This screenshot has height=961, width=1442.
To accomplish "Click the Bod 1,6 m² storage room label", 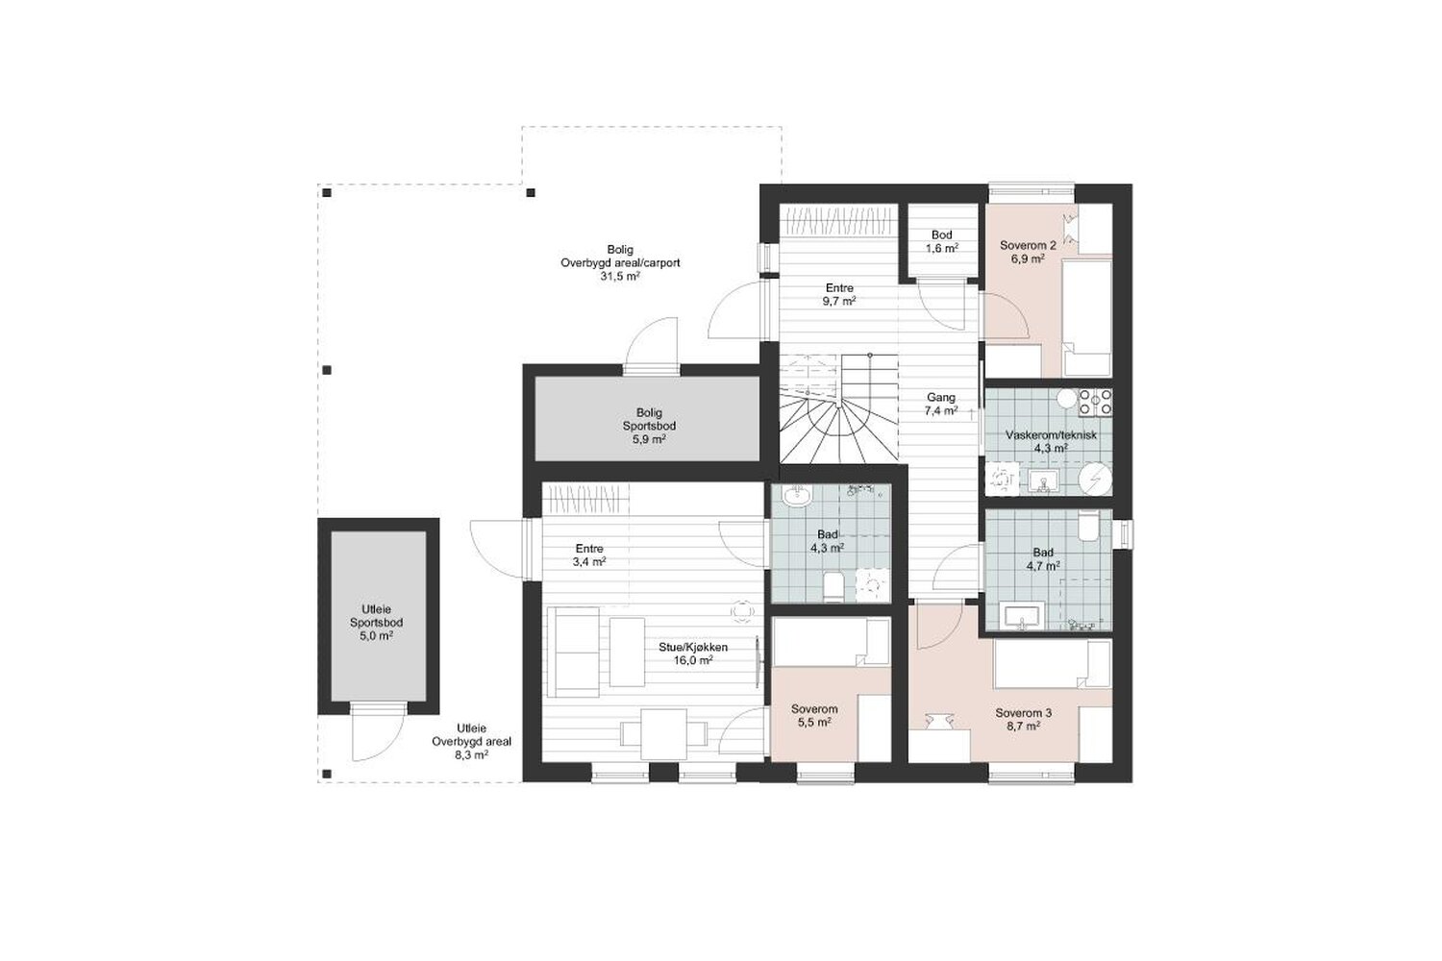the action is tap(942, 241).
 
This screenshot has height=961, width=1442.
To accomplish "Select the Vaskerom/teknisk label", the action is tap(1051, 435).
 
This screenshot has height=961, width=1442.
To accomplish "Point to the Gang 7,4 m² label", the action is tap(940, 405).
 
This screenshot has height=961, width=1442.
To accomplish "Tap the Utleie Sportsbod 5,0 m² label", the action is tap(376, 623).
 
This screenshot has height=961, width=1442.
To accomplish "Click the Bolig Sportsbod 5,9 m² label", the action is tap(649, 426).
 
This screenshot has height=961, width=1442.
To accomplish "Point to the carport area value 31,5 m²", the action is tap(620, 277).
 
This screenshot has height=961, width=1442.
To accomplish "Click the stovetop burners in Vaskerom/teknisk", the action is tap(1095, 402).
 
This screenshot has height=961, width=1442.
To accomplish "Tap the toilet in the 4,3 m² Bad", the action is tap(833, 586).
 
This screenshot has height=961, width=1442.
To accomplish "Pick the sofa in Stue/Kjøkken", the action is tap(574, 652).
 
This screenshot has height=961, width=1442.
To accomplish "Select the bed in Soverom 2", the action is tap(1086, 318).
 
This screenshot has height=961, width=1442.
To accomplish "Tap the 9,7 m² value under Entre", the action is tap(839, 301).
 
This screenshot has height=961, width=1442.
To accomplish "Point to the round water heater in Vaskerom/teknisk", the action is tap(1095, 480).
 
